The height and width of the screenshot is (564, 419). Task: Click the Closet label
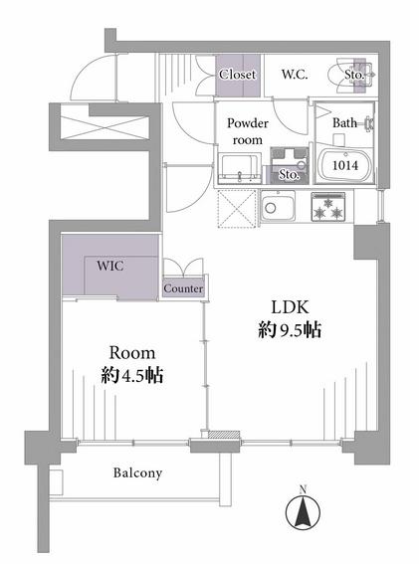(x=238, y=75)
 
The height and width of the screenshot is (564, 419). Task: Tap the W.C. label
(x=295, y=75)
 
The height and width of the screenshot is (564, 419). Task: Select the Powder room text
(x=247, y=131)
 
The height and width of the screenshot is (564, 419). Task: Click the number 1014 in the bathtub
(x=345, y=165)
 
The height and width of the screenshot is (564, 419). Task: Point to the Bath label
(x=344, y=123)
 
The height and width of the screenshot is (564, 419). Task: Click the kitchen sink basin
(x=279, y=207)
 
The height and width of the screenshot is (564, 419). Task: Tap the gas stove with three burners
(x=327, y=207)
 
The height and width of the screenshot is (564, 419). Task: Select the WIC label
(x=110, y=266)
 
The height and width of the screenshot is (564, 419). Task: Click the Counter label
(x=183, y=288)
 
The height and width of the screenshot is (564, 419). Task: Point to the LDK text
(x=291, y=307)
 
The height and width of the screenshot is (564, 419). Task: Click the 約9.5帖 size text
(x=290, y=330)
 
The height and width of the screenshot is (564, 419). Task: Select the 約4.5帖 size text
(x=132, y=376)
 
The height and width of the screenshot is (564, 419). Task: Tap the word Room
(x=132, y=353)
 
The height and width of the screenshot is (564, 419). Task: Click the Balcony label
(x=137, y=472)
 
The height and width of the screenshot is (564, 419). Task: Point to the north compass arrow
(x=303, y=511)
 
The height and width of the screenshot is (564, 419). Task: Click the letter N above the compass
(x=303, y=489)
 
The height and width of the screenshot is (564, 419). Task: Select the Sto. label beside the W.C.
(x=354, y=75)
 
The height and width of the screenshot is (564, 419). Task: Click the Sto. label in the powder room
(x=289, y=175)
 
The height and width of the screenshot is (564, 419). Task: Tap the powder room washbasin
(x=240, y=168)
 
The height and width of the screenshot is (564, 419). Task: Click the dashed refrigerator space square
(x=238, y=209)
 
